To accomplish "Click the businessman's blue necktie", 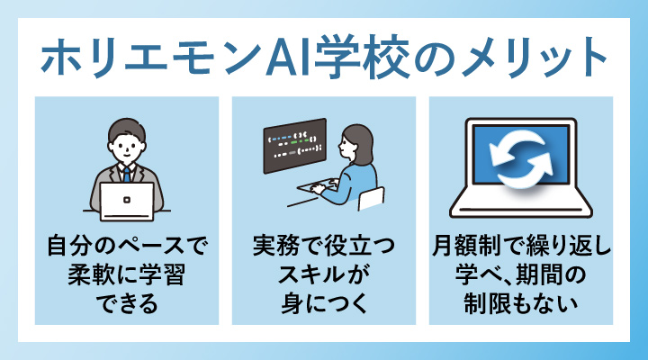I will coord(127,174).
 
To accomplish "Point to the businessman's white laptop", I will coord(127,200).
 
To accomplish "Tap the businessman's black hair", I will coord(127,127).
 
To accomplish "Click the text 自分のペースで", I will coord(127,245).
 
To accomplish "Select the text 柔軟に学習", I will coord(127,274).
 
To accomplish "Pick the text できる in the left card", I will coord(127,302).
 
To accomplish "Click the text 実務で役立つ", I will coord(324,245).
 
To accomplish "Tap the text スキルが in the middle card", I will coord(324,274).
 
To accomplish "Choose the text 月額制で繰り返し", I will coord(522,245).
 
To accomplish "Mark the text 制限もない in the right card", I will coord(522,302).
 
